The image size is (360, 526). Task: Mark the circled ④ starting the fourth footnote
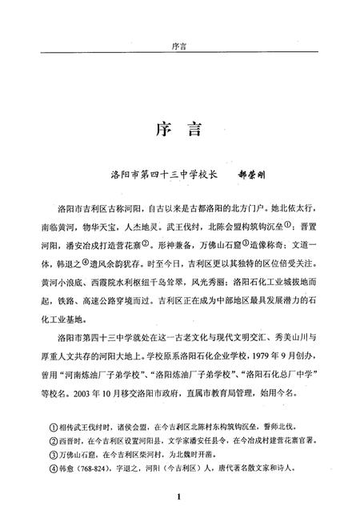[52, 476]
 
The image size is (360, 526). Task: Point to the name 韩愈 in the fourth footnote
[67, 476]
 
